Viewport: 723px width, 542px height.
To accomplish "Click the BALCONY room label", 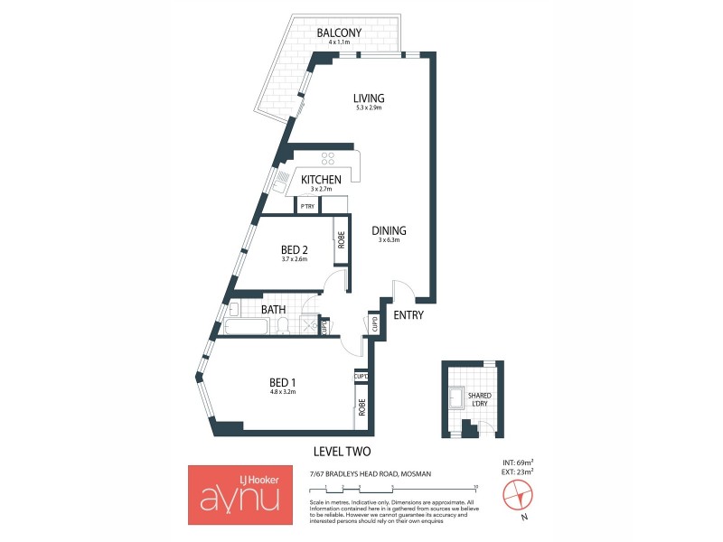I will (340, 34).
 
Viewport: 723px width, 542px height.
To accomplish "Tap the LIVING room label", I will (369, 98).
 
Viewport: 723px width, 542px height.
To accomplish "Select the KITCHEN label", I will (321, 179).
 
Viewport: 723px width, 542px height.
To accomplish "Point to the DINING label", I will (389, 230).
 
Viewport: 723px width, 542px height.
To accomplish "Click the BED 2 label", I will (295, 249).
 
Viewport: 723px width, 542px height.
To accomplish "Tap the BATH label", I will (274, 310).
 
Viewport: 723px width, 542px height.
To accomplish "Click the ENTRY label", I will (408, 314).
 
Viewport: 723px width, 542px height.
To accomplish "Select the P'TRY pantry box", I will (308, 206).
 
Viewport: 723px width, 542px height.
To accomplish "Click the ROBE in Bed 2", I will (342, 239).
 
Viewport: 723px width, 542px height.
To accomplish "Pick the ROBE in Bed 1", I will (361, 407).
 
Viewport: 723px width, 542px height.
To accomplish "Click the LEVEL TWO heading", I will (342, 452).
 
